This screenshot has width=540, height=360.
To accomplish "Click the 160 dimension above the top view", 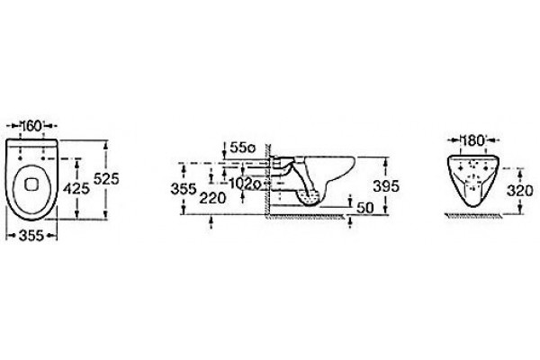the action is tap(31, 126).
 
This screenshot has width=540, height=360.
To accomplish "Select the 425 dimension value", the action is tap(76, 188).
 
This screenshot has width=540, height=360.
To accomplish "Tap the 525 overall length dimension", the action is tap(106, 179).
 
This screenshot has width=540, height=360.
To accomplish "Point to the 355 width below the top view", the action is tap(31, 236).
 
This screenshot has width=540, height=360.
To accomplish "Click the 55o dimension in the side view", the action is tap(242, 148).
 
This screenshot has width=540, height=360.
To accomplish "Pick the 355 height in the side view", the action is tap(184, 189).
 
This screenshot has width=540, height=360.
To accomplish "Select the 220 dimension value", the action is tap(212, 198).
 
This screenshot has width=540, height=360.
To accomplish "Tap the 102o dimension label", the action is tap(245, 184).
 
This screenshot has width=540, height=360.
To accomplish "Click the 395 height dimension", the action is tap(386, 186).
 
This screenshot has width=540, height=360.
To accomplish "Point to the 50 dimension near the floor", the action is tap(365, 208).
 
